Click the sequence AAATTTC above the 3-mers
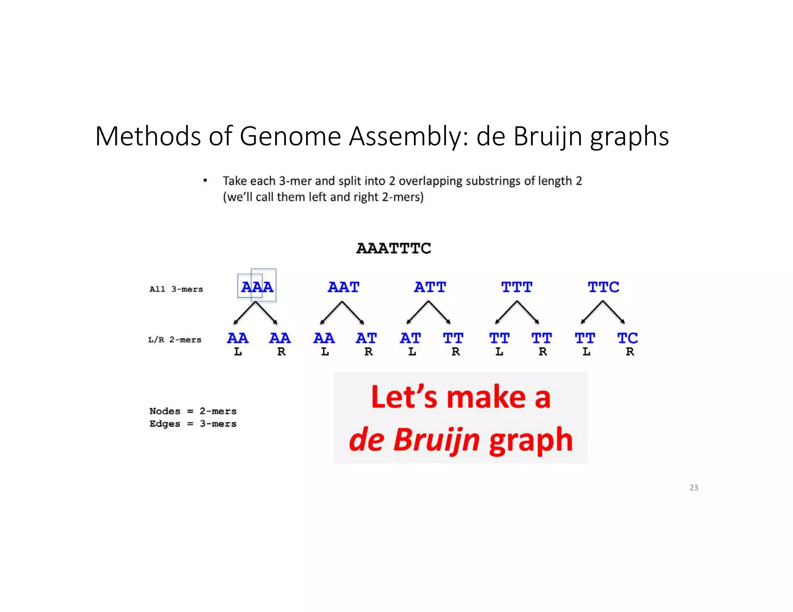(393, 248)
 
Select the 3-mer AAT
(343, 287)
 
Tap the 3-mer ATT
(430, 287)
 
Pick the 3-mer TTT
(517, 287)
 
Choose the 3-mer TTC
(603, 287)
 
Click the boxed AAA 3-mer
(257, 287)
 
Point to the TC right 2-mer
(627, 338)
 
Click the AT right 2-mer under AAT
(366, 338)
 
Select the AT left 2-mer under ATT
(410, 338)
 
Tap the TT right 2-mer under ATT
(453, 338)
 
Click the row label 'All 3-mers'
(176, 289)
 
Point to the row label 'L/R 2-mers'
(175, 340)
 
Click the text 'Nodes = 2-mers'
(193, 411)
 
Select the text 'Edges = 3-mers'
(193, 424)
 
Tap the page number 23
(693, 488)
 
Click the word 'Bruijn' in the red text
(436, 440)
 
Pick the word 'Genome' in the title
(290, 136)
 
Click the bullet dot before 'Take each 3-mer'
(205, 181)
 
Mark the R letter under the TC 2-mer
(630, 352)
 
